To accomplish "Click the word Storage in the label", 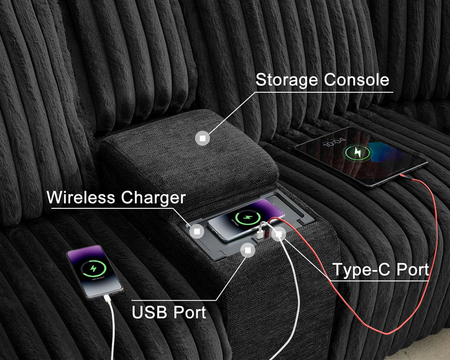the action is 286,80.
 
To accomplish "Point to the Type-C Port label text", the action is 381,269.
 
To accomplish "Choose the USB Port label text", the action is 169,312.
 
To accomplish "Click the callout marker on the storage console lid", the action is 203,138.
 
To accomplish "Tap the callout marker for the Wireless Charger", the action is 196,231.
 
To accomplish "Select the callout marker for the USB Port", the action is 248,250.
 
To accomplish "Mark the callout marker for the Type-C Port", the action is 279,234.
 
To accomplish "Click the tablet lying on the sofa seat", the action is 361,156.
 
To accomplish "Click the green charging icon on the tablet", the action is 358,153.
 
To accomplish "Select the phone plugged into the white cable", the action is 95,272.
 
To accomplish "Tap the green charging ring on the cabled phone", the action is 93,269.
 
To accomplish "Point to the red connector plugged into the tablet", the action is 405,177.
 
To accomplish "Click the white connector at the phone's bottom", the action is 107,298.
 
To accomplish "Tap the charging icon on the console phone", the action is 248,217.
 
